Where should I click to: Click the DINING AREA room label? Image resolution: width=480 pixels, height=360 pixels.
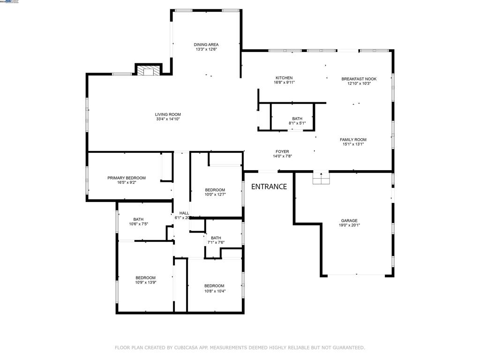206,45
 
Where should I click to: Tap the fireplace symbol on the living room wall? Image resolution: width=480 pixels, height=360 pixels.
149,70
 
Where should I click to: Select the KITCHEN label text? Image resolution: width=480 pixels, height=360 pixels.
284,78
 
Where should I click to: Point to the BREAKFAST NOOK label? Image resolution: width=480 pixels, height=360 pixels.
359,79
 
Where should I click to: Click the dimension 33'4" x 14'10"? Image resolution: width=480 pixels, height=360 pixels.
168,119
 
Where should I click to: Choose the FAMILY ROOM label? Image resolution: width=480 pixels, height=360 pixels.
353,140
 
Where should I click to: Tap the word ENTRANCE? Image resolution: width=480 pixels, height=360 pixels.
269,187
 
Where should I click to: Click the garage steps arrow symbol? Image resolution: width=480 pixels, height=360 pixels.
321,178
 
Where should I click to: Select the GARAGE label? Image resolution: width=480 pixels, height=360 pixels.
349,220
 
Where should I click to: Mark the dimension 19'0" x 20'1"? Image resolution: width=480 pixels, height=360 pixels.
349,225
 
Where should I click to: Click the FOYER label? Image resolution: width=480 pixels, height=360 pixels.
282,151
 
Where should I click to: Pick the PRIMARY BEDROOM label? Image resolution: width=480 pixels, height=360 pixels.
127,178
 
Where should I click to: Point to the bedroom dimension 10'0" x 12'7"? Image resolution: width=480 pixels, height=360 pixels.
215,195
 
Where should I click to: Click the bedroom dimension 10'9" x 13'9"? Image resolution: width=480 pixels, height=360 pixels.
145,283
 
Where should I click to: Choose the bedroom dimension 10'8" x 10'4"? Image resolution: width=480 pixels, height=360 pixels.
214,291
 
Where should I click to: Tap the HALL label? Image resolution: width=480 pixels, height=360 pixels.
184,213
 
